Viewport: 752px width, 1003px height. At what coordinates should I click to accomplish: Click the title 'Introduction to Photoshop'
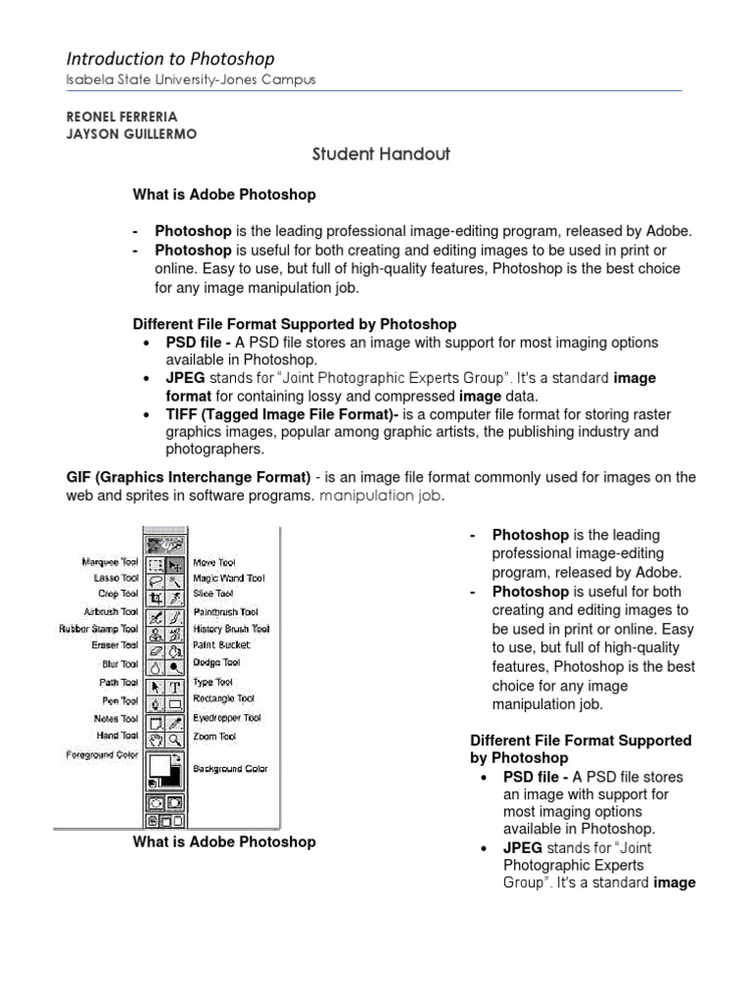(x=170, y=59)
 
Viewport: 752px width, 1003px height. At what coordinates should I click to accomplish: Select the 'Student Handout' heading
(x=367, y=154)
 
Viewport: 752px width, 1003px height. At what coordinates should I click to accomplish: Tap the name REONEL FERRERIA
(x=122, y=117)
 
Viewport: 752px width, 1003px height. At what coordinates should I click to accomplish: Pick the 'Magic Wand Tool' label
(x=229, y=579)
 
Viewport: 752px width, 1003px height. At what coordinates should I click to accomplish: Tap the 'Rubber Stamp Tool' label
(x=99, y=629)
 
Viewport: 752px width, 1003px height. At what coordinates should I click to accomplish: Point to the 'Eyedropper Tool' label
(x=226, y=718)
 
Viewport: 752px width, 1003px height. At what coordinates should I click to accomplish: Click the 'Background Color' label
(x=230, y=769)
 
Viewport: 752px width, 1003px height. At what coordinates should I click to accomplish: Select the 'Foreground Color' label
(x=102, y=755)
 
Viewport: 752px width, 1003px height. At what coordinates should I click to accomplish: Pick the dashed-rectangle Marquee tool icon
(x=155, y=564)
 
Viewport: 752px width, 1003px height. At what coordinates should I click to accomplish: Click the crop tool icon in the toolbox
(x=155, y=596)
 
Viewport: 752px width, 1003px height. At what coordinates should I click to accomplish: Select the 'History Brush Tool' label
(x=231, y=629)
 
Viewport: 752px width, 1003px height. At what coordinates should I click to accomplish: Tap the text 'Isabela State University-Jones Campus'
(x=191, y=80)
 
